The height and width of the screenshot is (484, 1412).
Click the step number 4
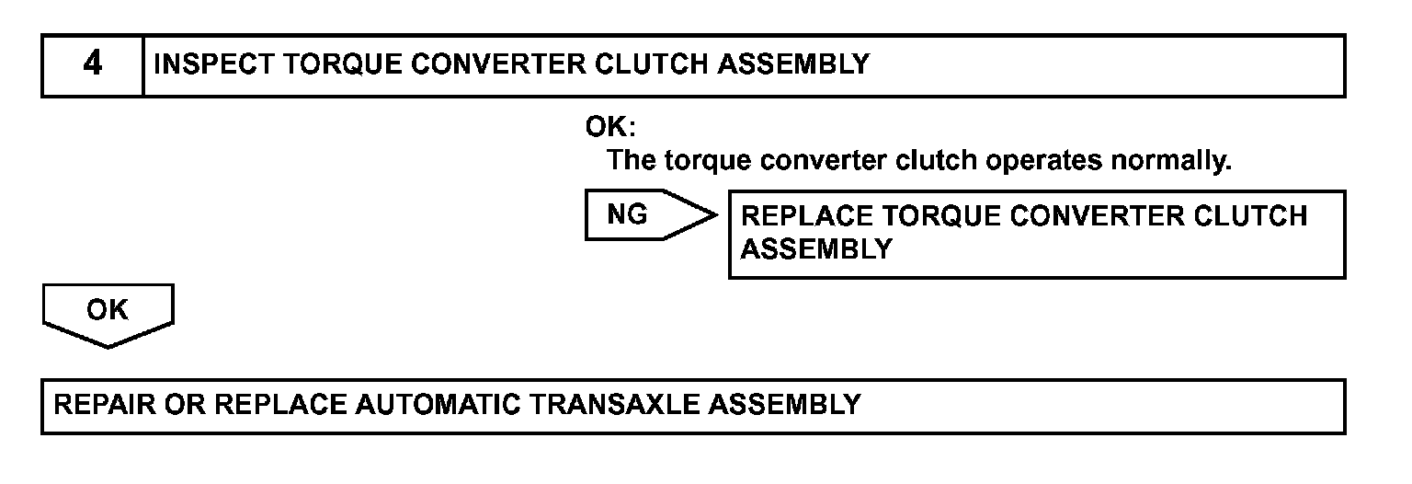tap(92, 65)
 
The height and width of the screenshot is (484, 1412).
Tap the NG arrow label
tap(628, 215)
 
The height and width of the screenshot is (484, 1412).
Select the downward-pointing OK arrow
tap(108, 312)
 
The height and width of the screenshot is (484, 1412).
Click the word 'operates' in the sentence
tap(1044, 160)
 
